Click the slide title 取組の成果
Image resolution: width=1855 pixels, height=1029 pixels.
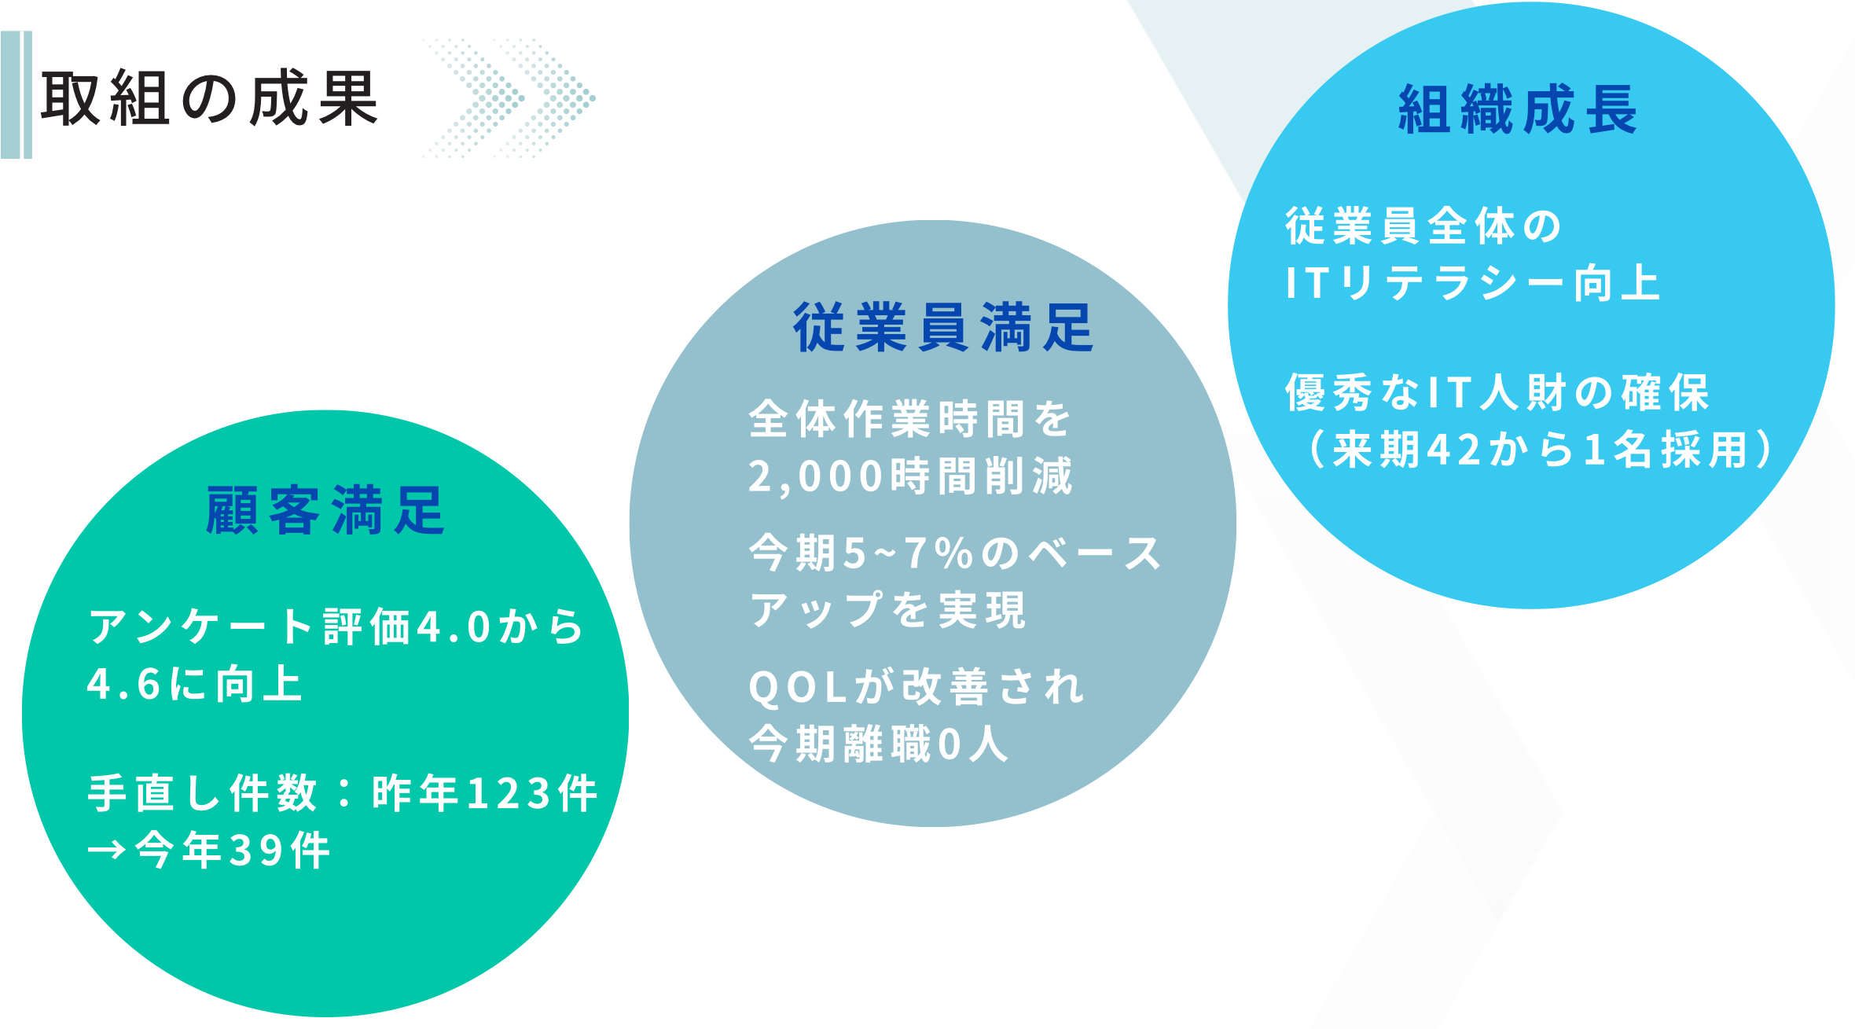209,98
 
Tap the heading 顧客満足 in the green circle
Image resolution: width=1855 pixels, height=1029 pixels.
325,510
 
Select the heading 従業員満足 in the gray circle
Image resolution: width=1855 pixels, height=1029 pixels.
943,327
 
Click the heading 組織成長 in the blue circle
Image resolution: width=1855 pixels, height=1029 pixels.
1518,109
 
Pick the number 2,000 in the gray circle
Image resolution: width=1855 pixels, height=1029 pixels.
817,477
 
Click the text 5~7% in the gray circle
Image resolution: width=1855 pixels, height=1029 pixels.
909,553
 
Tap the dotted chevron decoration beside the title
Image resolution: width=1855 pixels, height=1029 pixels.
509,98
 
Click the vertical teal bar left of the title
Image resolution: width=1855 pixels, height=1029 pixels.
16,95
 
